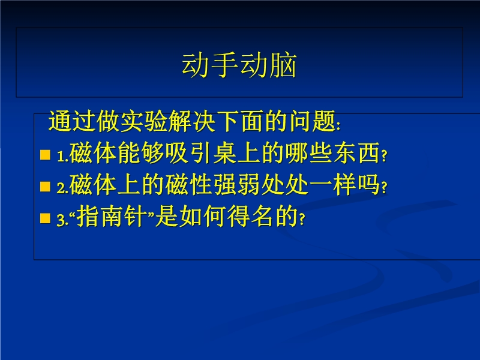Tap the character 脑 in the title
pyautogui.click(x=283, y=65)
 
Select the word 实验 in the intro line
pyautogui.click(x=145, y=121)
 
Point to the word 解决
pyautogui.click(x=192, y=121)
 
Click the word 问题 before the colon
pyautogui.click(x=312, y=121)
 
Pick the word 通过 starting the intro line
pyautogui.click(x=73, y=121)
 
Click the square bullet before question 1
pyautogui.click(x=46, y=155)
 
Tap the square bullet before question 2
pyautogui.click(x=46, y=187)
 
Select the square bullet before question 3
pyautogui.click(x=46, y=218)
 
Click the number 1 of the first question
pyautogui.click(x=61, y=157)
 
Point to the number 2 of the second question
pyautogui.click(x=61, y=188)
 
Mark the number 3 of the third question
pyautogui.click(x=61, y=220)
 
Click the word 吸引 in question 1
pyautogui.click(x=190, y=153)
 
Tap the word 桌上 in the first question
pyautogui.click(x=238, y=153)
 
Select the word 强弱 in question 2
pyautogui.click(x=238, y=185)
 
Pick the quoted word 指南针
pyautogui.click(x=112, y=217)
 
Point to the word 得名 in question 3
pyautogui.click(x=250, y=217)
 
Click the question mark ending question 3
pyautogui.click(x=302, y=219)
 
